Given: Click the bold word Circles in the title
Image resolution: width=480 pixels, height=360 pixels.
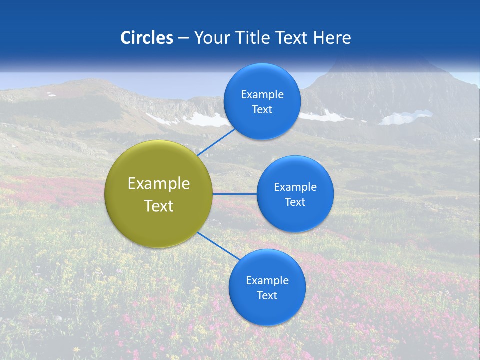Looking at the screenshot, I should (x=147, y=38).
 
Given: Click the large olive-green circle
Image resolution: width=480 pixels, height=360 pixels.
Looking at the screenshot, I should (x=158, y=194).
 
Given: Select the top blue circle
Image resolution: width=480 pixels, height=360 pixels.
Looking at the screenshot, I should (x=262, y=101).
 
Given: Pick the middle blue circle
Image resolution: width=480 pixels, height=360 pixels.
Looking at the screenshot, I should (x=295, y=194).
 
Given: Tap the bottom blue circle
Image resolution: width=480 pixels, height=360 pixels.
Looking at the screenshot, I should (x=267, y=287).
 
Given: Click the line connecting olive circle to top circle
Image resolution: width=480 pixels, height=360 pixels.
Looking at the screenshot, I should (x=216, y=141).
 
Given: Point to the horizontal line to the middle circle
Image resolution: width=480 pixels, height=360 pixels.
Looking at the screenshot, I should (x=234, y=194).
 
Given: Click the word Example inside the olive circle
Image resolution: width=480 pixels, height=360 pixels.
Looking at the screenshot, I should (x=158, y=183).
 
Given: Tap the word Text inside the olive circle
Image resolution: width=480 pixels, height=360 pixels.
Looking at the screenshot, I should (x=158, y=206).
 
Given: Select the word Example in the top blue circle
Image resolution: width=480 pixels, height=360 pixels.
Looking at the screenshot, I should (x=262, y=94).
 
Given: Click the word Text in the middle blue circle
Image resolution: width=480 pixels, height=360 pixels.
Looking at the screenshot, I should (x=295, y=202).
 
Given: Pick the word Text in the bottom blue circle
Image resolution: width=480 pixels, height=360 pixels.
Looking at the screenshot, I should (x=267, y=295).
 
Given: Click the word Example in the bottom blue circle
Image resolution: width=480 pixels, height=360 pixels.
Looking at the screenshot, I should (x=267, y=280).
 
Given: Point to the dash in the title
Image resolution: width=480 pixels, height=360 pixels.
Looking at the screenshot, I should (x=183, y=38).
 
